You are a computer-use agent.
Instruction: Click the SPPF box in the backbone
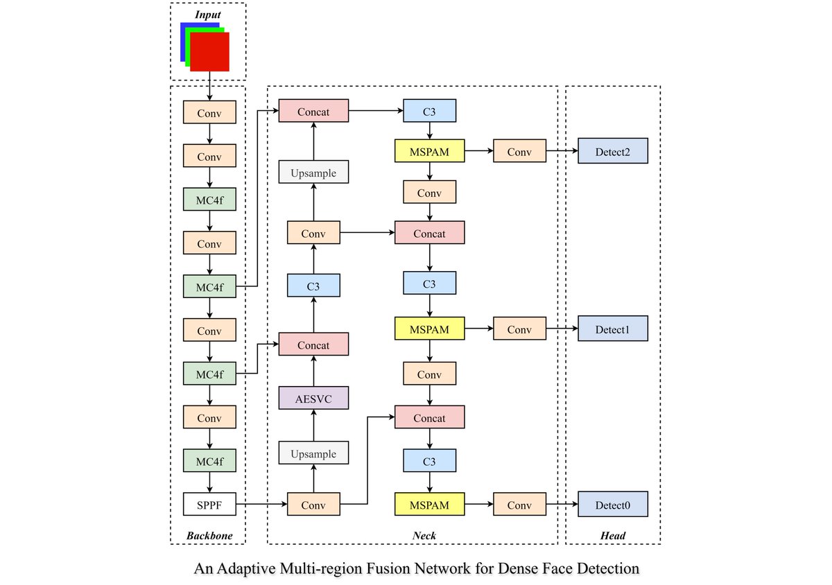point(209,504)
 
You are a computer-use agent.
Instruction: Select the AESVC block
point(313,398)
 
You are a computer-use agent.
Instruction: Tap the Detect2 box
point(612,152)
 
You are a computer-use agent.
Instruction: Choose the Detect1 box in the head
point(612,329)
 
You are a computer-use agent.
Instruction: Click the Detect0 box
point(612,505)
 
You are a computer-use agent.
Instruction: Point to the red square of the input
point(209,52)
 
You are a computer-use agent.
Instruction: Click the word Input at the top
point(208,14)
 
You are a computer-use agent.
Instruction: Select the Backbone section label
point(209,536)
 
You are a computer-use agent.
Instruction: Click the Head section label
point(614,536)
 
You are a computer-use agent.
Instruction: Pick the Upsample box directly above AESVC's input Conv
point(313,454)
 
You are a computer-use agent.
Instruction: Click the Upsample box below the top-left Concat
point(313,173)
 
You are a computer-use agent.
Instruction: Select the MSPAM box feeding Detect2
point(429,152)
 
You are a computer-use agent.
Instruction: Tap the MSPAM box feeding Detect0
point(429,505)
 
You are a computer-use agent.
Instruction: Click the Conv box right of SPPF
point(313,505)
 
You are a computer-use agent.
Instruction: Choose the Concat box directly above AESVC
point(313,344)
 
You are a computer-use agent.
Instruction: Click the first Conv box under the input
point(209,112)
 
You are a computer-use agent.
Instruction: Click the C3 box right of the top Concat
point(429,111)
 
